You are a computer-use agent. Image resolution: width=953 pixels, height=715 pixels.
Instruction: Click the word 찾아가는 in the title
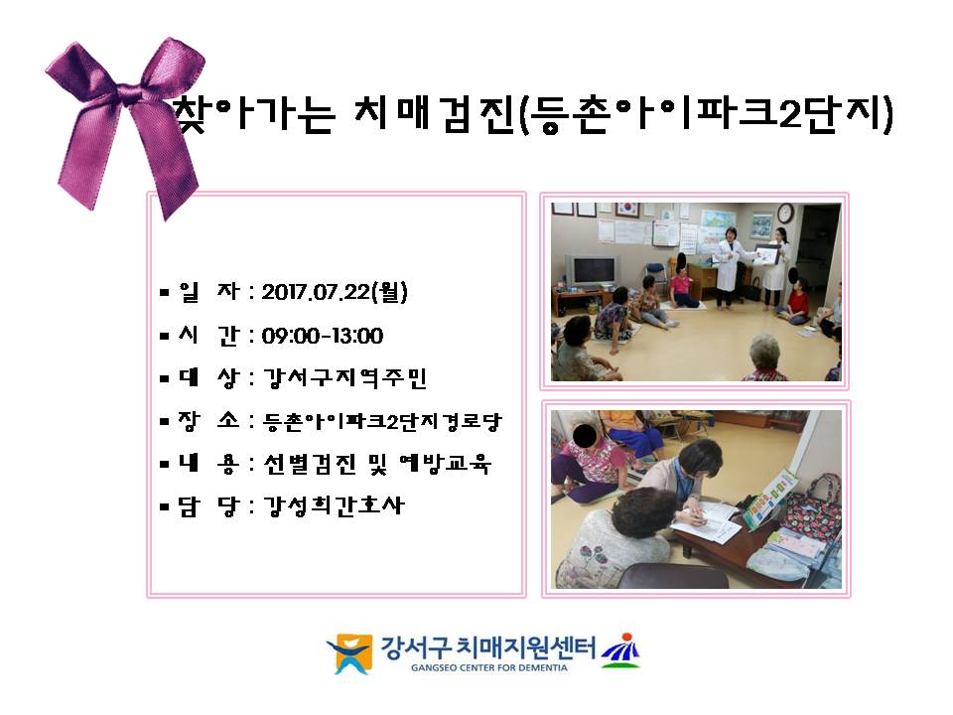point(253,113)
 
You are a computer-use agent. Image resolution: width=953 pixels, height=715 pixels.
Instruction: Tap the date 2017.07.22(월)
point(335,292)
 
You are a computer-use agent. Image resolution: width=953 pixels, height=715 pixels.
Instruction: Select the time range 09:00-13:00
point(323,336)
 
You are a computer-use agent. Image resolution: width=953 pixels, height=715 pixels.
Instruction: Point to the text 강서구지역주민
point(345,377)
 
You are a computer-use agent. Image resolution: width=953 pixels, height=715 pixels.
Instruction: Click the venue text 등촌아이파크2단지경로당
point(382,421)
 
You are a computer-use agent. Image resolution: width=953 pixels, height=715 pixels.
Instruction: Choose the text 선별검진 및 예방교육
point(377,464)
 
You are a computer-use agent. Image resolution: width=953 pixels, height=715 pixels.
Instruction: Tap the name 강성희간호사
point(334,505)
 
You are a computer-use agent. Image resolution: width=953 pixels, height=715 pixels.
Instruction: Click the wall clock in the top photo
point(784,214)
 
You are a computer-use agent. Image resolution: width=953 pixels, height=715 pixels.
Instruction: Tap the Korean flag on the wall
point(627,210)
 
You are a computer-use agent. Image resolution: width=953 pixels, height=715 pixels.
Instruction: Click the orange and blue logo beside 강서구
point(350,653)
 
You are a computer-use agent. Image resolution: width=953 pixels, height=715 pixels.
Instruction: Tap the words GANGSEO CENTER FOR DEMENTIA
point(489,667)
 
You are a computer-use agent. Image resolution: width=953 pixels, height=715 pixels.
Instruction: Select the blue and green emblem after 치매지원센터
point(620,649)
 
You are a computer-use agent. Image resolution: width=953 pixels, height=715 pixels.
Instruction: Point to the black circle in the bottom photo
point(585,434)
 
